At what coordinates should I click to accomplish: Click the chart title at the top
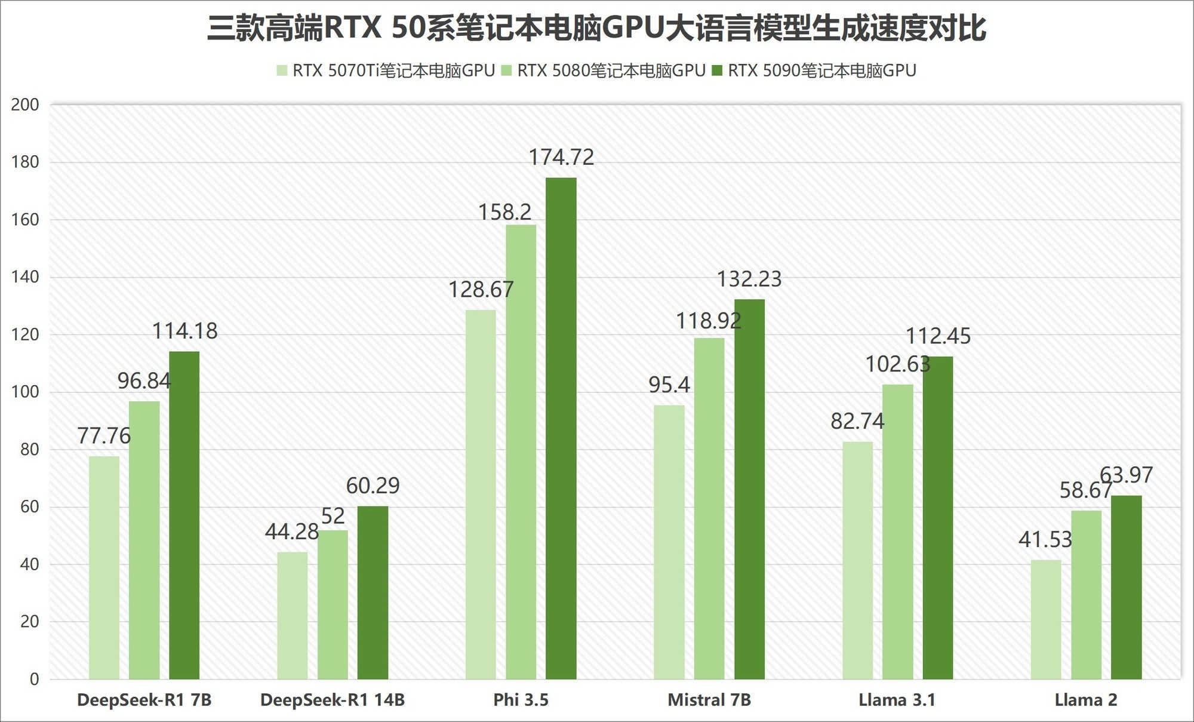point(596,28)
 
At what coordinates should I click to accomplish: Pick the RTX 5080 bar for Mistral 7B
point(709,508)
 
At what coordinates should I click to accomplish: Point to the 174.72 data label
point(561,157)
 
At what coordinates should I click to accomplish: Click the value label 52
point(333,516)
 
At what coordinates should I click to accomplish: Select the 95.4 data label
point(669,385)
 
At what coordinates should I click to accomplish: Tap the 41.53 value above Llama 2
point(1045,540)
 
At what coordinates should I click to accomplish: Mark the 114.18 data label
point(185,331)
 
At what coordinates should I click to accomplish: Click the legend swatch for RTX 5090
point(717,71)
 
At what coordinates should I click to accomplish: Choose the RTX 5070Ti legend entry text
point(393,71)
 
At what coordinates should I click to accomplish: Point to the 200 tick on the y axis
point(25,105)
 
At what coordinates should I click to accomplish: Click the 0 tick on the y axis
point(34,679)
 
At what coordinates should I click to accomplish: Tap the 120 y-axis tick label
point(25,335)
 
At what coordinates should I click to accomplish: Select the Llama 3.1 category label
point(897,700)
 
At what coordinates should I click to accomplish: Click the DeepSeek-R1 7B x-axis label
point(144,700)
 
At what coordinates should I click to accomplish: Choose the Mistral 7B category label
point(709,700)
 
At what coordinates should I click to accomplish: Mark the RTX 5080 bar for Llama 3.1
point(898,531)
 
